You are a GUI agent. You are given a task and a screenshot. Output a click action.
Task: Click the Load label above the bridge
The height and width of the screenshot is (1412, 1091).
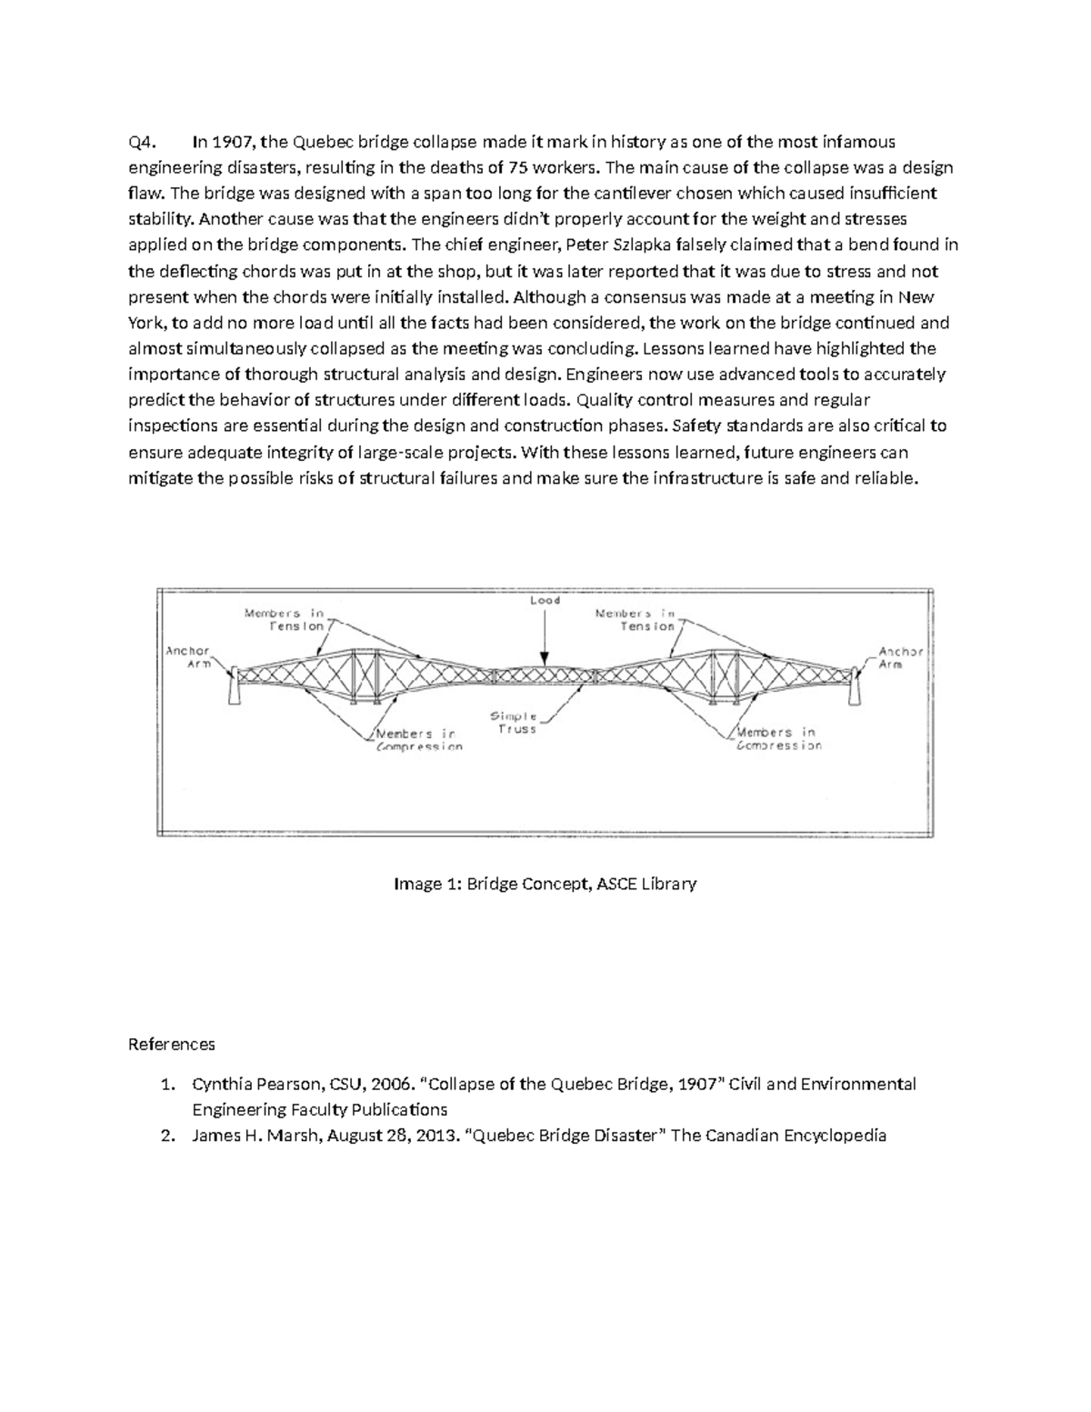pyautogui.click(x=545, y=601)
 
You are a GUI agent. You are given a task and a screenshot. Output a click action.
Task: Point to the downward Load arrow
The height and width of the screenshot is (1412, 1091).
pyautogui.click(x=545, y=636)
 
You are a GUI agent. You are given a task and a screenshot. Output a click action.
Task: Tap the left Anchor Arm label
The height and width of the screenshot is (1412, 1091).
pyautogui.click(x=187, y=657)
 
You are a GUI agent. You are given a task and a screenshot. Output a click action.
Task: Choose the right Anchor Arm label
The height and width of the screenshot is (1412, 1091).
pyautogui.click(x=901, y=657)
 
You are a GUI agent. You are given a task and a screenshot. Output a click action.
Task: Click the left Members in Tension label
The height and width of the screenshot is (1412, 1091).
pyautogui.click(x=284, y=619)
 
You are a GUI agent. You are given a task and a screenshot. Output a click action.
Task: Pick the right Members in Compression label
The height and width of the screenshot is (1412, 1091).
pyautogui.click(x=778, y=738)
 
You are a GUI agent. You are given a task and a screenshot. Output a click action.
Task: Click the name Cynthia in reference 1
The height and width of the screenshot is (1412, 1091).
pyautogui.click(x=223, y=1084)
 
